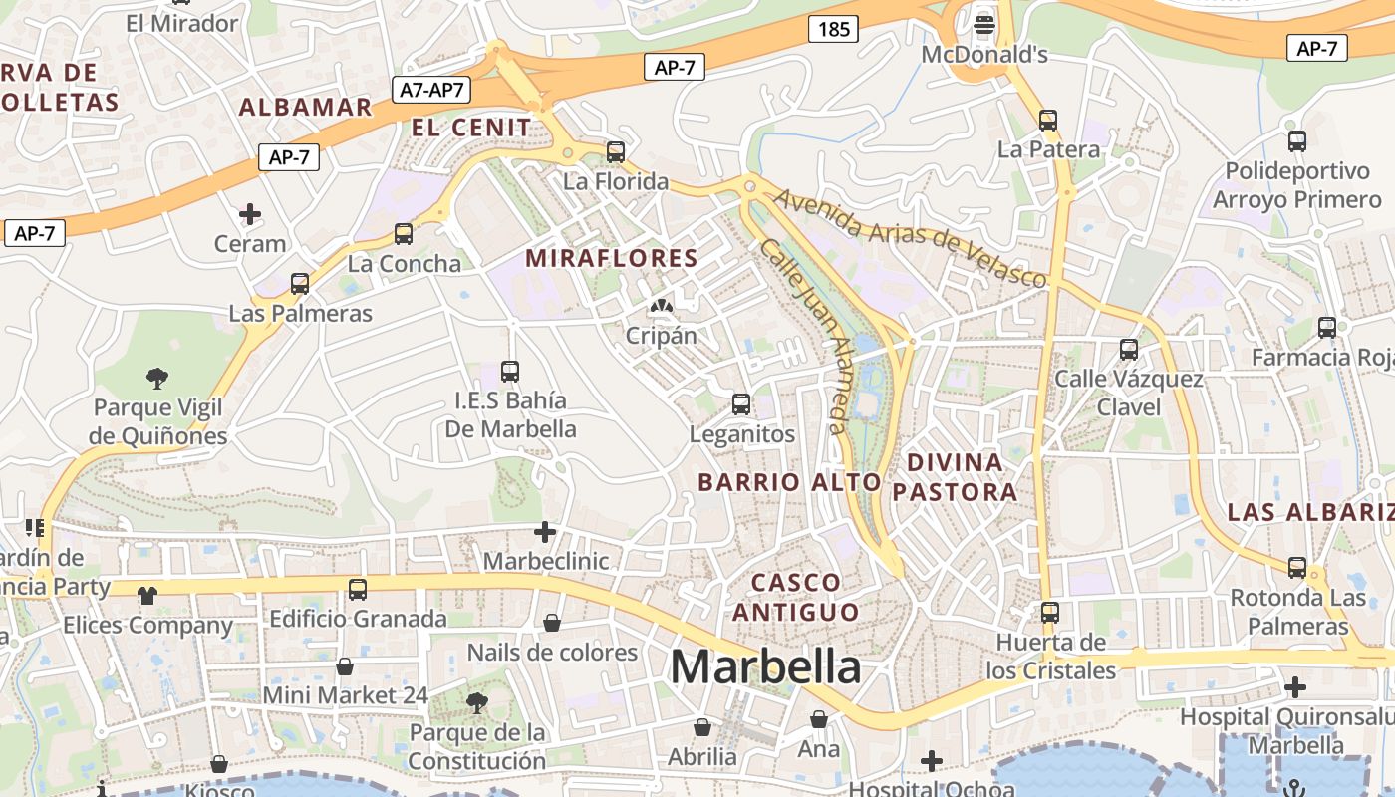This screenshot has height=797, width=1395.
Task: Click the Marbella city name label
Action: pyautogui.click(x=765, y=666)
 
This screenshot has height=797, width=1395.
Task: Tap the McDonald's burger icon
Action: pyautogui.click(x=984, y=23)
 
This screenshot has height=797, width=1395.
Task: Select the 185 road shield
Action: pyautogui.click(x=833, y=29)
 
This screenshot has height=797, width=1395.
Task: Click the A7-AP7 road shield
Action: pyautogui.click(x=431, y=90)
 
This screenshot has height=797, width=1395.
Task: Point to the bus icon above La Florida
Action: pyautogui.click(x=616, y=152)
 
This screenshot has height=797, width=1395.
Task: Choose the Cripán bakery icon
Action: pyautogui.click(x=661, y=305)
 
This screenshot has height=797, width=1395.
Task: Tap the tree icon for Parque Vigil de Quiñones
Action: pyautogui.click(x=156, y=378)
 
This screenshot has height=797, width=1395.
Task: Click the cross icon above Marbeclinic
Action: pyautogui.click(x=544, y=531)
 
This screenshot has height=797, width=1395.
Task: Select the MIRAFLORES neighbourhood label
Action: pyautogui.click(x=612, y=258)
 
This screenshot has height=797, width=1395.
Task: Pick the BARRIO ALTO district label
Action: pyautogui.click(x=789, y=482)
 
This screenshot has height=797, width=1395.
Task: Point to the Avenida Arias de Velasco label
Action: pyautogui.click(x=911, y=236)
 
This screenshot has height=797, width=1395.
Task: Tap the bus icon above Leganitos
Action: pyautogui.click(x=741, y=403)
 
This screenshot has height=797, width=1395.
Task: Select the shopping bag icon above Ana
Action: pyautogui.click(x=819, y=718)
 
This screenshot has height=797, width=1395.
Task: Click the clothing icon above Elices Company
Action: pyautogui.click(x=147, y=596)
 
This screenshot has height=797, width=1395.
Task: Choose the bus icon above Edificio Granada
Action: pyautogui.click(x=358, y=589)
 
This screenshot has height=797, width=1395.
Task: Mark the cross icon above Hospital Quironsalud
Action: pyautogui.click(x=1294, y=686)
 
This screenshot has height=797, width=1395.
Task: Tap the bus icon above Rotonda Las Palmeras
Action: pyautogui.click(x=1297, y=568)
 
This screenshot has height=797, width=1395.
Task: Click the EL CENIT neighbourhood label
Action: pyautogui.click(x=471, y=128)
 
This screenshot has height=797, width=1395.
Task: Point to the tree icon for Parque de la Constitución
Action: pyautogui.click(x=477, y=702)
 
